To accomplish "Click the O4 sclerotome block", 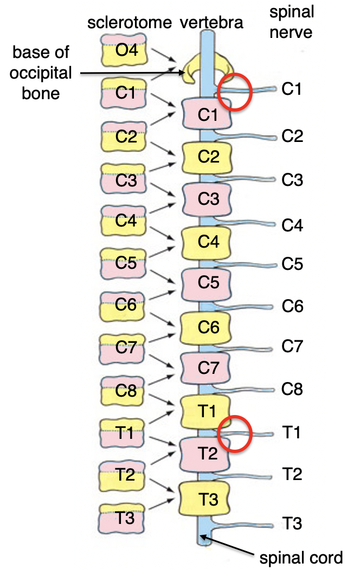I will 124,50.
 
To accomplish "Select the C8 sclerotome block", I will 124,391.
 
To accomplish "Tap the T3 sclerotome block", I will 124,517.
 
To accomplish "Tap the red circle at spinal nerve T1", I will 235,433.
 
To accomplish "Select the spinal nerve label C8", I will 292,388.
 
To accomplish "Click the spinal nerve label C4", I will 292,225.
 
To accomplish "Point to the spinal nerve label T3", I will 292,524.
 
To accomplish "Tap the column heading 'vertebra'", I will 211,23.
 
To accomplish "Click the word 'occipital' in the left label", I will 40,73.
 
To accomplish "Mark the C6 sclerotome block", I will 124,306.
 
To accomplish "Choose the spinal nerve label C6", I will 292,306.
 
